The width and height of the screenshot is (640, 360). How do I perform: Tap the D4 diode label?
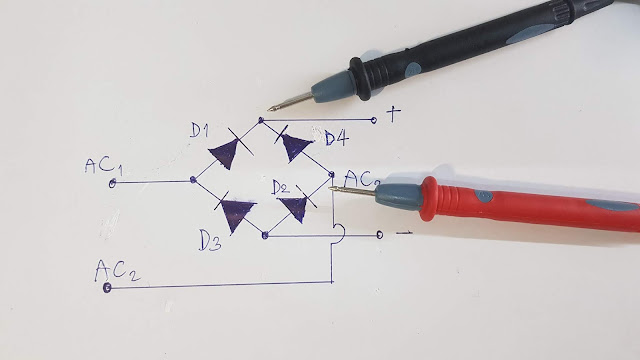[x=335, y=137]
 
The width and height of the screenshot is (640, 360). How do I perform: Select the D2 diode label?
[x=279, y=187]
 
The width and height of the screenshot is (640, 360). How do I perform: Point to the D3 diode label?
[x=208, y=241]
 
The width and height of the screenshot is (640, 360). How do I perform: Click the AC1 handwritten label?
[x=105, y=165]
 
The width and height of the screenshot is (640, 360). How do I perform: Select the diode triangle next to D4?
[x=295, y=147]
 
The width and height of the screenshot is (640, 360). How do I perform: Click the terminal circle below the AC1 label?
[x=113, y=182]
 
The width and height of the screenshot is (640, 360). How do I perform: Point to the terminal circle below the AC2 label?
[x=108, y=288]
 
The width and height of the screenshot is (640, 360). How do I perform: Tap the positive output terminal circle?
[x=374, y=120]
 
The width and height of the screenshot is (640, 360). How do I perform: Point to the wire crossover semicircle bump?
[x=339, y=233]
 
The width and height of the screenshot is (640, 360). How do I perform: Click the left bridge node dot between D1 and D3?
[x=192, y=181]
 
